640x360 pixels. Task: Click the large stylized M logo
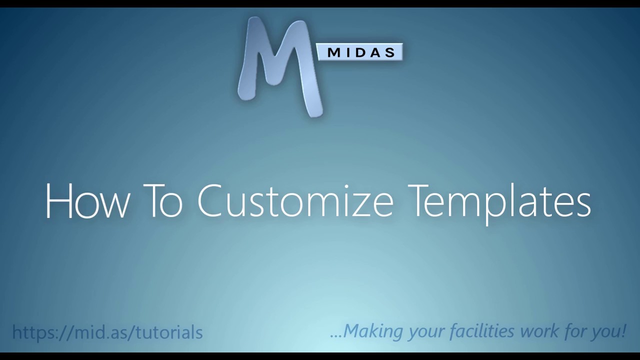pyautogui.click(x=280, y=65)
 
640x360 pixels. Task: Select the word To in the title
pyautogui.click(x=162, y=201)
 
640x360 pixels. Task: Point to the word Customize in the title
pyautogui.click(x=295, y=201)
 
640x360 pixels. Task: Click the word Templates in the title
pyautogui.click(x=499, y=201)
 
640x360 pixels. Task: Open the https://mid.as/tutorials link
pyautogui.click(x=107, y=332)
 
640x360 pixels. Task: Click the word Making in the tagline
pyautogui.click(x=373, y=331)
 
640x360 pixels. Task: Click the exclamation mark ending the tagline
pyautogui.click(x=623, y=331)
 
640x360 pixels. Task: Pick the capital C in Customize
pyautogui.click(x=214, y=201)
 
